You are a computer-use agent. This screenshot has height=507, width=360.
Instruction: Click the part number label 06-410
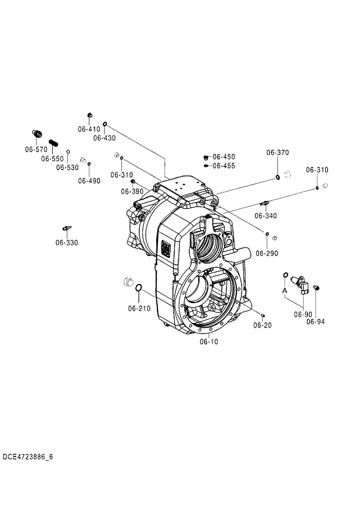coord(89,129)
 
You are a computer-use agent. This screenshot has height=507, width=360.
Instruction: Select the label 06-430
coord(105,138)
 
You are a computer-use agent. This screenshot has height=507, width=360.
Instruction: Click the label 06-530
coord(67,167)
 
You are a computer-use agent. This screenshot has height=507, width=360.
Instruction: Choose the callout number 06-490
coord(89,181)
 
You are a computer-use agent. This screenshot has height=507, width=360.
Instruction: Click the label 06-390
coord(132,191)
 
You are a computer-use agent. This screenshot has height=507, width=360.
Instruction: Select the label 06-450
coord(224,157)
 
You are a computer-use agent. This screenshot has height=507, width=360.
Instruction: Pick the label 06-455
coord(224,166)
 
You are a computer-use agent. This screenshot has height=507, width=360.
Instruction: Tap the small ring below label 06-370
coord(278,177)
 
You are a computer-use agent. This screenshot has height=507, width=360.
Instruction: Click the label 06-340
coord(266,215)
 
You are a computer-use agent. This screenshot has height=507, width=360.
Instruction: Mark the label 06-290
coord(267,253)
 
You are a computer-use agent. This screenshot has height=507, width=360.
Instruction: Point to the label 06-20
coord(262,325)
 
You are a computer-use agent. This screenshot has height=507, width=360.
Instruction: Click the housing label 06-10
coord(209,341)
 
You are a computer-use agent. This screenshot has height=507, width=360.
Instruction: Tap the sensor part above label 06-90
coord(303,283)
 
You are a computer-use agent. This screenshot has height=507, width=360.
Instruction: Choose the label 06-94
coord(316,321)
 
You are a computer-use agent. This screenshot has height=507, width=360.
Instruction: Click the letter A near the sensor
coord(285,289)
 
